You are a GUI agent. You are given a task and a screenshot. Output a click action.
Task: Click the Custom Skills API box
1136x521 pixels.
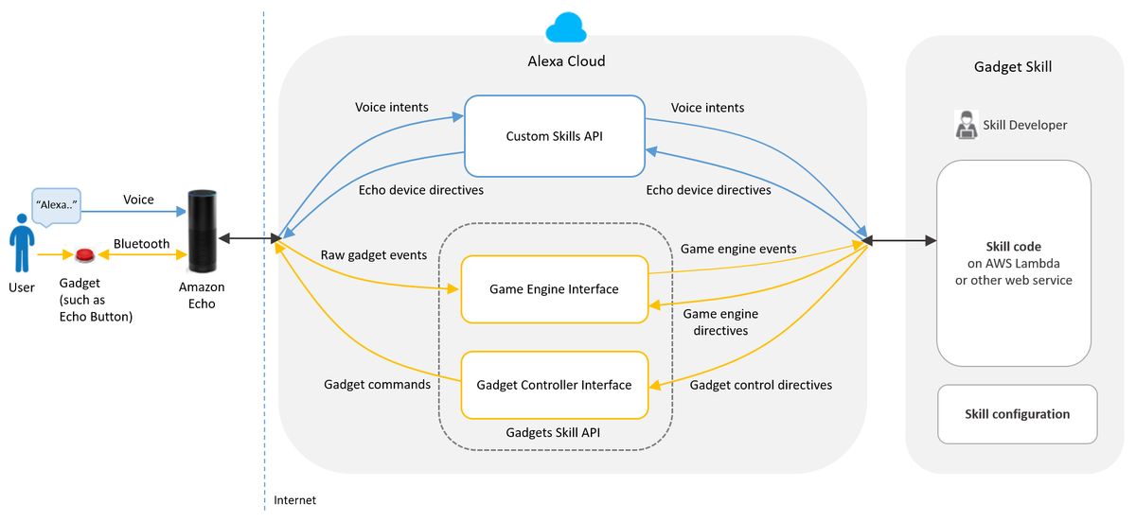tap(554, 136)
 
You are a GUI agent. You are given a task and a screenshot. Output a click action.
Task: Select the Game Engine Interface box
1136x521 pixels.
tap(554, 288)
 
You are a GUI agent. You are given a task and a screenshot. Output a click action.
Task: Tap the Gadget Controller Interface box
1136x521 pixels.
tap(554, 385)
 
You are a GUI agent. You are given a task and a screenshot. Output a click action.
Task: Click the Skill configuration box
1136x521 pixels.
tap(1017, 414)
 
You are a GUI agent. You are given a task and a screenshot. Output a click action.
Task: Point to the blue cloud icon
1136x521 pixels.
tap(566, 28)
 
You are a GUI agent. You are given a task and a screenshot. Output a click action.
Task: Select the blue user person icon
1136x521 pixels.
tap(20, 243)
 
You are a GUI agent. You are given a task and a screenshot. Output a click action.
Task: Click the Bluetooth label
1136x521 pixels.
tap(141, 243)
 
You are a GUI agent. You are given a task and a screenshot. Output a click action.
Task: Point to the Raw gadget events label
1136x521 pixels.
tap(374, 255)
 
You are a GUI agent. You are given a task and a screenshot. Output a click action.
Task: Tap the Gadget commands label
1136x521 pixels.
tap(377, 385)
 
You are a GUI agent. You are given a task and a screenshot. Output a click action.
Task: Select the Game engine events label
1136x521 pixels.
tap(738, 249)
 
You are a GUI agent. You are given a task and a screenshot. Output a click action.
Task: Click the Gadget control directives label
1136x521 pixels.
tap(761, 385)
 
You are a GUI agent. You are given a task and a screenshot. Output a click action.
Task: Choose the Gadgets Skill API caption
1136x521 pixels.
tap(554, 431)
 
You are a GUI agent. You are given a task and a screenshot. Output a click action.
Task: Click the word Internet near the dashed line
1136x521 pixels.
tap(294, 500)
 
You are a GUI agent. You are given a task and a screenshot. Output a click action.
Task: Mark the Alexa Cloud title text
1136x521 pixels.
tap(566, 61)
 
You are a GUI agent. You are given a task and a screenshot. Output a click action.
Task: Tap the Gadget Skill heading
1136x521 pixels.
tap(1013, 67)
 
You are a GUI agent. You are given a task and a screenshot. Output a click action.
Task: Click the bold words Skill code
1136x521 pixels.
tap(1013, 247)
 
